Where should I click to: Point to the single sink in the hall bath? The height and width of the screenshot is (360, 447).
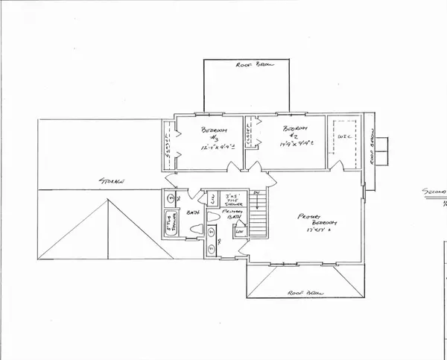[169, 198]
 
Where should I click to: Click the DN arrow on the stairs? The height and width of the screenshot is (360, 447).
[257, 195]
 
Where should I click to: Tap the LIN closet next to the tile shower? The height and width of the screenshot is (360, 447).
[212, 198]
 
